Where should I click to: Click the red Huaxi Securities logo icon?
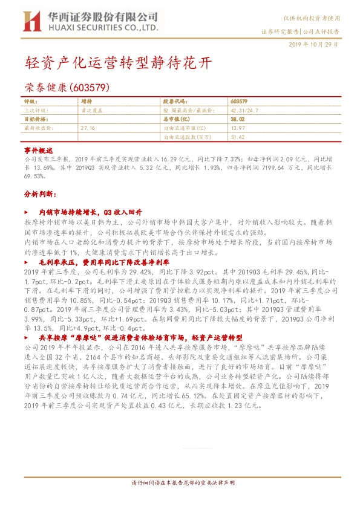31,21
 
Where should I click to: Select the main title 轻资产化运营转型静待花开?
119,63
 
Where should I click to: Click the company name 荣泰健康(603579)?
67,87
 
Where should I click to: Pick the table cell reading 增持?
87,102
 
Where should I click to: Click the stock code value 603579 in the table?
239,102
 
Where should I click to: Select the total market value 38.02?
238,120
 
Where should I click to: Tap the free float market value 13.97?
237,128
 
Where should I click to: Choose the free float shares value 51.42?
237,137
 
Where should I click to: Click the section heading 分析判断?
39,195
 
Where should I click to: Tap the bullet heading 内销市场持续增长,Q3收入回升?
90,213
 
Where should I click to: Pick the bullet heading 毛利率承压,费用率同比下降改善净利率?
103,263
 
